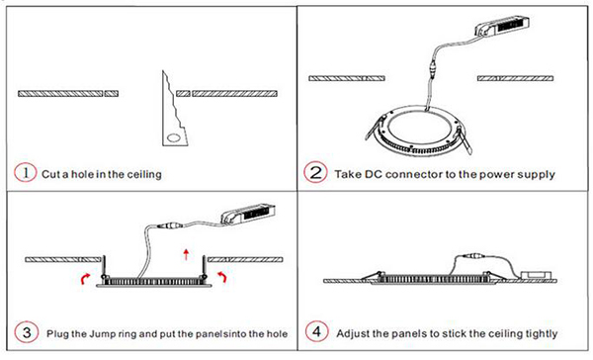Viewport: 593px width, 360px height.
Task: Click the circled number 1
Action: (x=26, y=173)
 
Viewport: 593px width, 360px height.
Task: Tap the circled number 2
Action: (x=315, y=173)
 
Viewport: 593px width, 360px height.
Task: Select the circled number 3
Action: (x=27, y=332)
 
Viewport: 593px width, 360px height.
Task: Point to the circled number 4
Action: (x=316, y=331)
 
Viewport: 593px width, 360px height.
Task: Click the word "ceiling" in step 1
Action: (x=144, y=174)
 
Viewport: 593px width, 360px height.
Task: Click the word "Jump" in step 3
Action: (x=102, y=334)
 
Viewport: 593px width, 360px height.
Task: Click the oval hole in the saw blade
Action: (x=174, y=137)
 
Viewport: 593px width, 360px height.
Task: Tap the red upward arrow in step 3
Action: (x=186, y=254)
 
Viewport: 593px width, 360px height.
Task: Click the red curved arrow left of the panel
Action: (x=85, y=279)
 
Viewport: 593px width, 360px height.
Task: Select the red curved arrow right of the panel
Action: (x=221, y=277)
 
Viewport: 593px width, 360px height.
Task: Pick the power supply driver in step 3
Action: (x=248, y=214)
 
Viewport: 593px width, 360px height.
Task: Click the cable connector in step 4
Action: (x=471, y=256)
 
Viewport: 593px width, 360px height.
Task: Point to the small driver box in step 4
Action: (x=534, y=275)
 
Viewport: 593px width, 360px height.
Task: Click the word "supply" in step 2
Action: (x=537, y=175)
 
